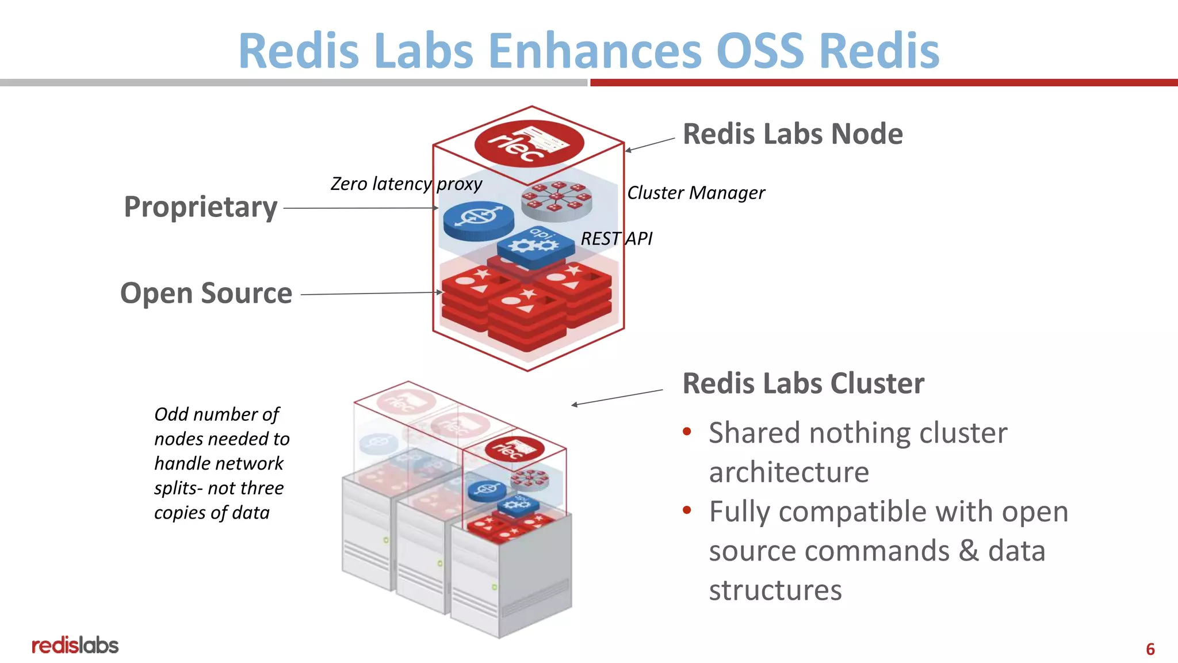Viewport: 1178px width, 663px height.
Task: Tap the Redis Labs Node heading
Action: tap(792, 134)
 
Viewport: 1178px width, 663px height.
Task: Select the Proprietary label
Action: tap(200, 207)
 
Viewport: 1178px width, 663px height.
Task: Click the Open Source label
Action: tap(206, 293)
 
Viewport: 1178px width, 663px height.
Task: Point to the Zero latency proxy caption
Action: tap(406, 184)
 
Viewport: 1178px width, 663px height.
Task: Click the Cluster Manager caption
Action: tap(695, 193)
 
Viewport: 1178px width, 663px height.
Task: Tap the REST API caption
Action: tap(616, 238)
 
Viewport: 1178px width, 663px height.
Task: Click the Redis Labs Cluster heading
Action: tap(803, 383)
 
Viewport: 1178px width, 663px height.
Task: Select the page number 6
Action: tap(1150, 649)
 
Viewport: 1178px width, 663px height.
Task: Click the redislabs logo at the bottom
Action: tap(75, 645)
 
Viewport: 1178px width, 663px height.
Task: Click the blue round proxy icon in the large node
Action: tap(479, 220)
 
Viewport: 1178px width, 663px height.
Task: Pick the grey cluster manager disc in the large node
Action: tap(556, 200)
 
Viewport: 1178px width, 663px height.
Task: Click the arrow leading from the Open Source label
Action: tap(371, 294)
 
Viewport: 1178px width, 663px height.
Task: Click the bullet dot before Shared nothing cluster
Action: tap(687, 432)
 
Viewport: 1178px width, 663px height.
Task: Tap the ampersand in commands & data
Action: tap(969, 550)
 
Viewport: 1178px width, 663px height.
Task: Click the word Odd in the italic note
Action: tap(171, 414)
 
